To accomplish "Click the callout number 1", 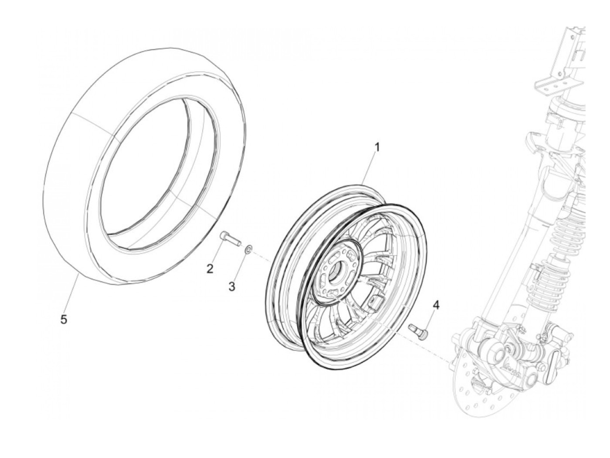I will click(x=377, y=147).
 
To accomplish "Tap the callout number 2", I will click(x=210, y=269).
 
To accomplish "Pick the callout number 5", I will click(x=64, y=320).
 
